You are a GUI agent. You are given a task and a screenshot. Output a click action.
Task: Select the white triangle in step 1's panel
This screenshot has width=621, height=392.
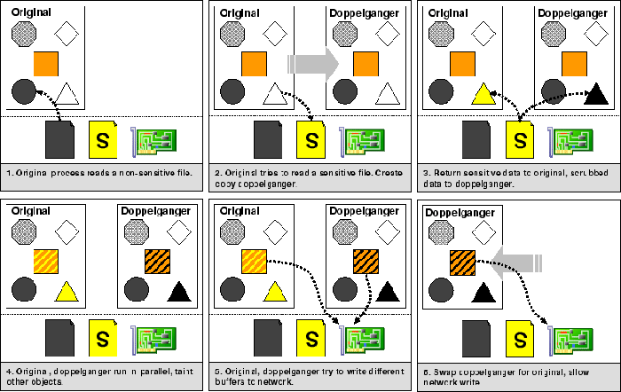[x=69, y=92]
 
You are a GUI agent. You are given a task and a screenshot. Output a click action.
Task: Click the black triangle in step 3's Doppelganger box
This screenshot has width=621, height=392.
[x=596, y=92]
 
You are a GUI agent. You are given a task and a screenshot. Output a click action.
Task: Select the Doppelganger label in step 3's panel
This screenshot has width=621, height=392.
[x=565, y=14]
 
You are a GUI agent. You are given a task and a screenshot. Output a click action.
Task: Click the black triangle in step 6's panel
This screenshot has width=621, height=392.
[x=483, y=291]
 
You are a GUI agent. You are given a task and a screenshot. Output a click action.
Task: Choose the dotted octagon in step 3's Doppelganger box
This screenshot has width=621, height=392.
[x=552, y=34]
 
